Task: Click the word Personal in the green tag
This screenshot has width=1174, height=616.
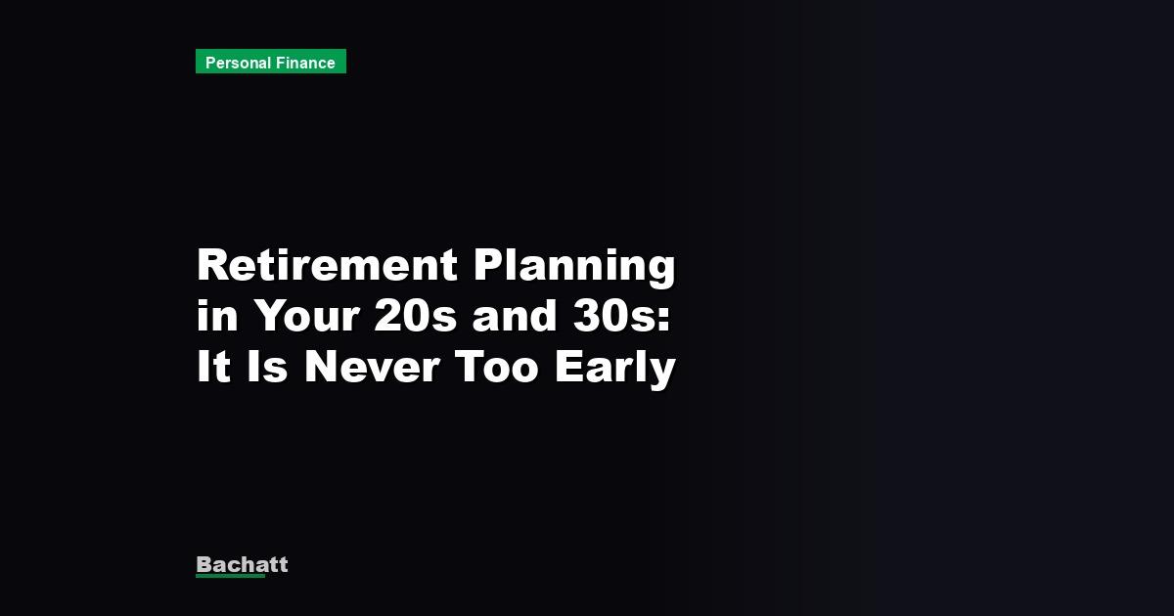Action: click(239, 63)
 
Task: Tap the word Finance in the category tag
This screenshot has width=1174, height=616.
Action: click(305, 63)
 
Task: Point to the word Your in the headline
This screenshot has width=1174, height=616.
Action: click(307, 317)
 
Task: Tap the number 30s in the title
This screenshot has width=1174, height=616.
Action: click(613, 317)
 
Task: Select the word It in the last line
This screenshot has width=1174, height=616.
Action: click(212, 368)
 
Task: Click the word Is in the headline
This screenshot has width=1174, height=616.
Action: click(267, 368)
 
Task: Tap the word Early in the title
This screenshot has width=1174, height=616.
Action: click(615, 368)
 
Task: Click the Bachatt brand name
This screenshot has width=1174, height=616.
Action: click(242, 564)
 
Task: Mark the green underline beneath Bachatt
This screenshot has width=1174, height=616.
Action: click(230, 576)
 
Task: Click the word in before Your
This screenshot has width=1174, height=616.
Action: click(215, 317)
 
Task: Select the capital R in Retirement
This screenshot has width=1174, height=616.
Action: click(213, 266)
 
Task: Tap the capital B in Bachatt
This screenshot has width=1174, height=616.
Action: click(204, 564)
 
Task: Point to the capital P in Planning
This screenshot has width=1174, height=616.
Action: click(491, 266)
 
